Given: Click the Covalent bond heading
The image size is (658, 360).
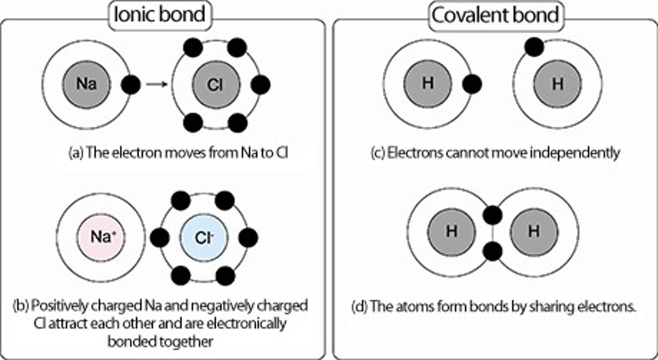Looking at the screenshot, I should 496,15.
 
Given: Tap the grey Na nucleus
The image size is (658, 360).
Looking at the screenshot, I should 86,85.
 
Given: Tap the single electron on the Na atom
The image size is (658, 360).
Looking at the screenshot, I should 131,85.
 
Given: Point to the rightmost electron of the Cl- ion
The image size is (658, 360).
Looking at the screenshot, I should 248,238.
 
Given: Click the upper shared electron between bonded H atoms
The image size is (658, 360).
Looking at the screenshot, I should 493,215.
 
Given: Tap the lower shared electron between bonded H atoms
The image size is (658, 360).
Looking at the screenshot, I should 493,251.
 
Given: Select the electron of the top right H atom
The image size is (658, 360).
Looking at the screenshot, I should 534,47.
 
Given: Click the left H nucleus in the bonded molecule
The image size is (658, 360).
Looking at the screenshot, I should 451,232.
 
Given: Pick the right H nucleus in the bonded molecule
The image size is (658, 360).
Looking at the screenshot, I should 534,232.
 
